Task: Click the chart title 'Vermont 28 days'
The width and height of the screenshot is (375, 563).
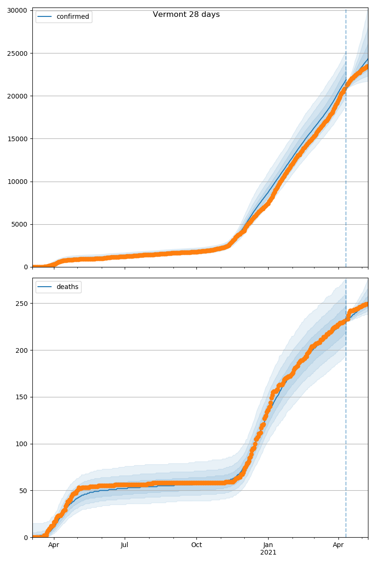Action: (x=186, y=15)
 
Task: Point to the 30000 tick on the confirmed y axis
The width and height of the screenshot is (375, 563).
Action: (x=17, y=10)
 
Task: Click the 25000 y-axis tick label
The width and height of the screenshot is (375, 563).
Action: (x=17, y=53)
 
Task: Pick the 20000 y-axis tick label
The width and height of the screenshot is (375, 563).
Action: (x=17, y=96)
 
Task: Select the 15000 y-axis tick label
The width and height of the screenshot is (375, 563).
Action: (x=17, y=139)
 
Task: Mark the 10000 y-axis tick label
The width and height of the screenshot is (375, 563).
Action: (x=17, y=182)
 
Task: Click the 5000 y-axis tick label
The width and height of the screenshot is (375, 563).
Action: (x=19, y=224)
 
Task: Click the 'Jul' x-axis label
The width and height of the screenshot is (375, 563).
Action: (x=125, y=545)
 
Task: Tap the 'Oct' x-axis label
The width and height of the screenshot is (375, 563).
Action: (x=196, y=545)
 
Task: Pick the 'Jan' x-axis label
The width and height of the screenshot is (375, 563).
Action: (x=268, y=545)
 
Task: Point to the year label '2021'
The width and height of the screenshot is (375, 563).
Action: (x=268, y=552)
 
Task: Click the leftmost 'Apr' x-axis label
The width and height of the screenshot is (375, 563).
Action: (x=54, y=545)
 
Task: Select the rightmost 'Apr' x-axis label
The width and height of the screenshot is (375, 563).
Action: (x=338, y=545)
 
